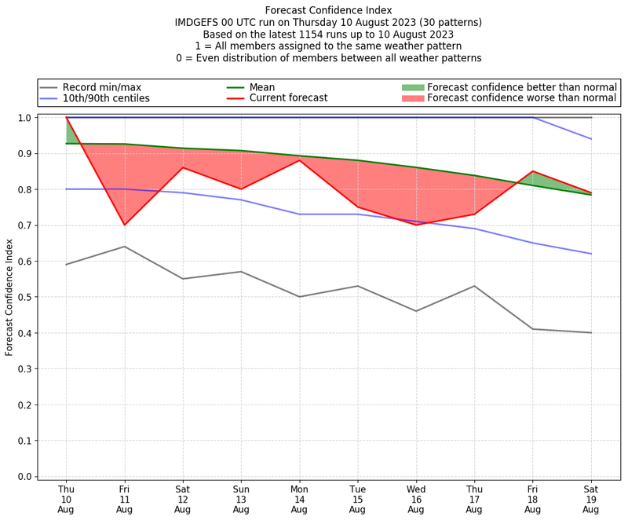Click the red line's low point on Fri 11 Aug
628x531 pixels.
[x=124, y=225]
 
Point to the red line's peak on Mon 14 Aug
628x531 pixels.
[x=299, y=160]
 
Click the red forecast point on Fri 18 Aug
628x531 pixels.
[x=533, y=171]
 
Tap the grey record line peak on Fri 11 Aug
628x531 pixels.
[x=124, y=247]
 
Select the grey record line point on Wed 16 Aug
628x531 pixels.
[x=416, y=311]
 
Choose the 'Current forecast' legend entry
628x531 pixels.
[x=288, y=98]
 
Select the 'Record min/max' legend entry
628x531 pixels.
[x=101, y=87]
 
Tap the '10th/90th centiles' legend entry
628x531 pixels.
[x=106, y=98]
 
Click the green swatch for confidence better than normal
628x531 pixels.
[x=412, y=87]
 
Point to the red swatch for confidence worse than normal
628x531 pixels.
[x=412, y=98]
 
